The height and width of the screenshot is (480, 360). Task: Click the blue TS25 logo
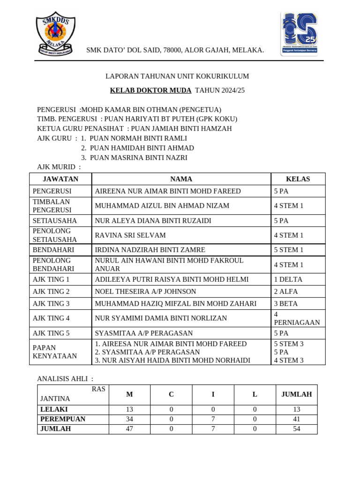pos(299,34)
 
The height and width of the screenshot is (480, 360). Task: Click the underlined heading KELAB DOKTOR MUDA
pos(150,90)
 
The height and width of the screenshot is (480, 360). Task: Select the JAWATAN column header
pos(60,179)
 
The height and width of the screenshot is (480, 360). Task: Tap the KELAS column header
pos(298,179)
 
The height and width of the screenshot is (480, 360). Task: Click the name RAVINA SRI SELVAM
pos(130,235)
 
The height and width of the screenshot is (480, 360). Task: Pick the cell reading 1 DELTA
pos(288,279)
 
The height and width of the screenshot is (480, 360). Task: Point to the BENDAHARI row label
pos(54,250)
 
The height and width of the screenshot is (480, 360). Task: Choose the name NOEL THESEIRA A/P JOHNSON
pos(145,292)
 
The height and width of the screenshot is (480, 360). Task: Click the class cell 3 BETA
pos(286,304)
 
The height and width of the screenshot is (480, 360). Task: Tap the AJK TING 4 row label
pos(51,318)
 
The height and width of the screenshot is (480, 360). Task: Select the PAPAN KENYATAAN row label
pos(54,352)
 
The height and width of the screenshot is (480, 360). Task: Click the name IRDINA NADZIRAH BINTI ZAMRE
pos(150,250)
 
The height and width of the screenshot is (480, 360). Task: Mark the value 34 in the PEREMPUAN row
pos(129,419)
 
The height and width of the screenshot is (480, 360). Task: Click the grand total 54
pos(296,428)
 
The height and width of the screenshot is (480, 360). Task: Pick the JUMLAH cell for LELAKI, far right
pos(296,409)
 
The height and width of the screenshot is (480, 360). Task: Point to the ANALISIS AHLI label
pos(65,378)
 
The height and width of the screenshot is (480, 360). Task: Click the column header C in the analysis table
pos(171,395)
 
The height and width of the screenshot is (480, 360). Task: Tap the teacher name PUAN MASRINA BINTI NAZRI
pos(138,157)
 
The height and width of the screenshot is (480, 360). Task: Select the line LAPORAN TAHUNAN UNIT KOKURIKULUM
pos(177,76)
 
